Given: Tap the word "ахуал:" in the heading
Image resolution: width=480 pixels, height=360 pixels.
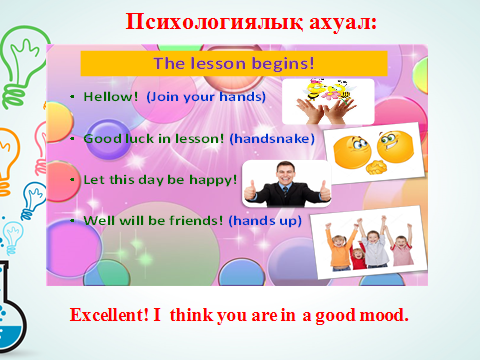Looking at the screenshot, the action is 343,23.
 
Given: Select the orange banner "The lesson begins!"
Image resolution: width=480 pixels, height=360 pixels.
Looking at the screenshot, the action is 234,63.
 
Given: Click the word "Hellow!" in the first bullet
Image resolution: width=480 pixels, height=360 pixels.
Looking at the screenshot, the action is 111,97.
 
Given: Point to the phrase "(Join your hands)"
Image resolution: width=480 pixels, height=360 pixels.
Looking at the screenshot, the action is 206,97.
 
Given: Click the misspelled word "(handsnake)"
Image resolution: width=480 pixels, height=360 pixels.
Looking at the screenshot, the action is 272,138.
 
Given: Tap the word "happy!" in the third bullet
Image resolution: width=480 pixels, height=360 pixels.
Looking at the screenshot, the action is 213,180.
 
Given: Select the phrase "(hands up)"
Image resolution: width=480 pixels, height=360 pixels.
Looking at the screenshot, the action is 265,221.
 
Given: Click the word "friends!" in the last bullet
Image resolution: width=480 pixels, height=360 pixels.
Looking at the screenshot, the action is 196,220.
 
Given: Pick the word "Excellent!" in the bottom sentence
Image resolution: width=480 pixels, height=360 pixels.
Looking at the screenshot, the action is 109,315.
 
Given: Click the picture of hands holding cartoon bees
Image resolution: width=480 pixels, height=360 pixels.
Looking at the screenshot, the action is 328,101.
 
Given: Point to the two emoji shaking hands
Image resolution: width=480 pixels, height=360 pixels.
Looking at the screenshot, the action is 374,152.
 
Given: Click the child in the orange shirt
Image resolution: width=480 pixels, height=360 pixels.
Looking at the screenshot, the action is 340,248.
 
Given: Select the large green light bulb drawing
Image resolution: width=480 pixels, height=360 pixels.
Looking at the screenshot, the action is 23,63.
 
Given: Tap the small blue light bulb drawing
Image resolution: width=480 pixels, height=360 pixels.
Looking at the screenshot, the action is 33,199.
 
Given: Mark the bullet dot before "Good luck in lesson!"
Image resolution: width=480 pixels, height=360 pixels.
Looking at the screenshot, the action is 72,139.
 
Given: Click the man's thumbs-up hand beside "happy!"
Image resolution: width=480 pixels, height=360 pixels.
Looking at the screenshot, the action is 250,191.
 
